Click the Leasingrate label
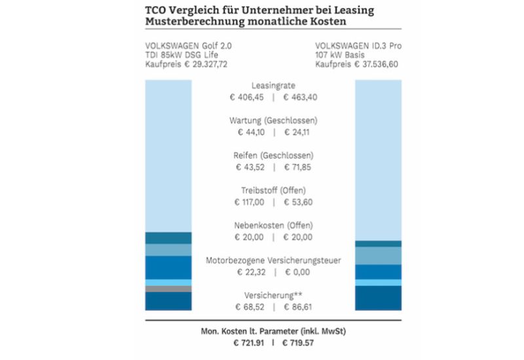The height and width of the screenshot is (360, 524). tap(272, 86)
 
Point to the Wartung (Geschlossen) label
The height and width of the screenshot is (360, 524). tap(274, 121)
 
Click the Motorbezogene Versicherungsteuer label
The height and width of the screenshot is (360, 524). tap(273, 261)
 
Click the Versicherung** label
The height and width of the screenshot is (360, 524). tap(273, 295)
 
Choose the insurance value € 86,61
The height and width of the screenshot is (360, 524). tap(297, 306)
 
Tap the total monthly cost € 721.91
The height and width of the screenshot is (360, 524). tap(249, 342)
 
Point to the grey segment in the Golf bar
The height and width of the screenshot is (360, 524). tap(168, 289)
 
